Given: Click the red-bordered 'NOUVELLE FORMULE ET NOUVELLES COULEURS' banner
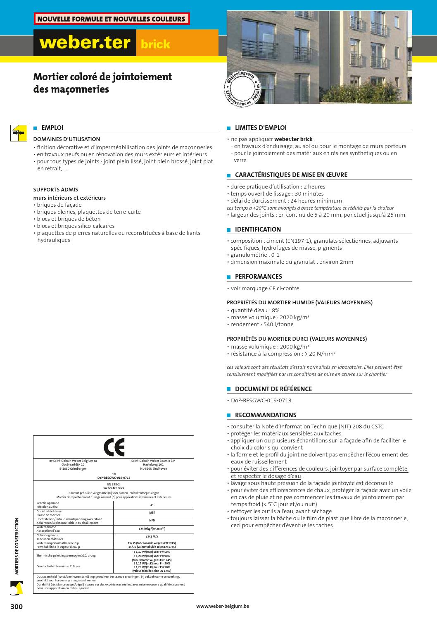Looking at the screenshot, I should [112, 19].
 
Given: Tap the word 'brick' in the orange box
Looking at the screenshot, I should [155, 44].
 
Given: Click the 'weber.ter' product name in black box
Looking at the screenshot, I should [85, 43].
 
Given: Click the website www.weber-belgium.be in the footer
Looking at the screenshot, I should [223, 607].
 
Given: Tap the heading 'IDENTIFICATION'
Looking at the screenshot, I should [258, 229].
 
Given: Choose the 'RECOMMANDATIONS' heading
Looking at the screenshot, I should [266, 415].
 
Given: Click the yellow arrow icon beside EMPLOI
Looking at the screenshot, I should [18, 133].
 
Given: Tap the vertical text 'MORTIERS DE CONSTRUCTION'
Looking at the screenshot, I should [17, 546].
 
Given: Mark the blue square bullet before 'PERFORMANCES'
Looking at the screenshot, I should [228, 277].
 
